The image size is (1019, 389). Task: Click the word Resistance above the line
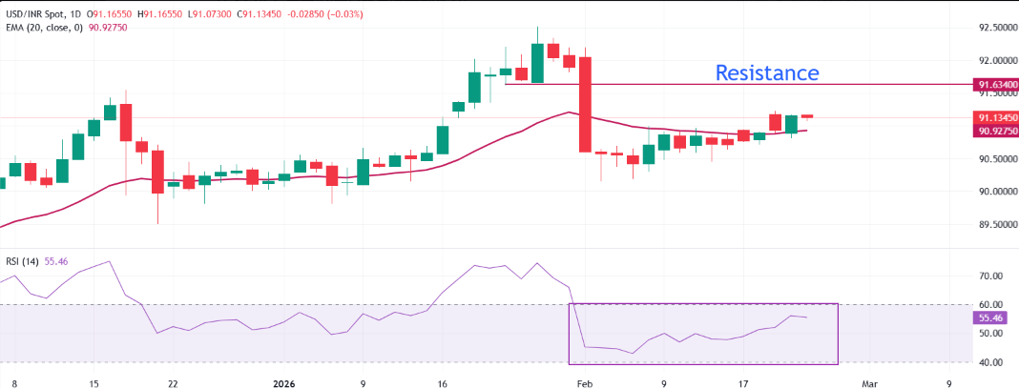coord(767,72)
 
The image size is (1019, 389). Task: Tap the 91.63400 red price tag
coord(995,85)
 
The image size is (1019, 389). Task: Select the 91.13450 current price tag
coord(995,118)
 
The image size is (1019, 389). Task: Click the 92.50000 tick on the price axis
coord(995,28)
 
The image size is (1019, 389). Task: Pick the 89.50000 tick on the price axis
coord(995,224)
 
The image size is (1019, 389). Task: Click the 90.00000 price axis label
coord(995,192)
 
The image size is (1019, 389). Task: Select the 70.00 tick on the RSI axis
coord(988,276)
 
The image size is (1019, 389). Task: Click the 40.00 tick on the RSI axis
coord(988,362)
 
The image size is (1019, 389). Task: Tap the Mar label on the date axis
coord(868,381)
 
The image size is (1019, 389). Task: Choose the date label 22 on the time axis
coord(173,381)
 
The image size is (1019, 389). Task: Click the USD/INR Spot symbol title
coord(42,11)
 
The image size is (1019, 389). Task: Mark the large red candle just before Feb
coord(585,104)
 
